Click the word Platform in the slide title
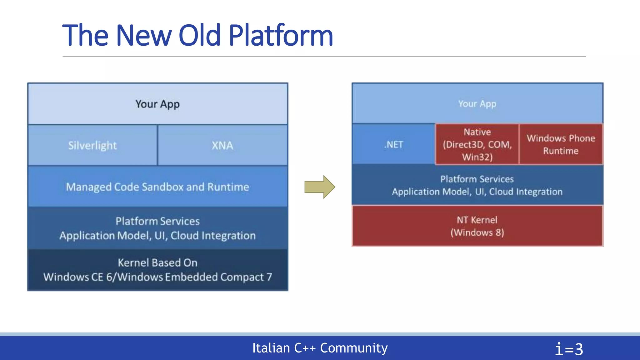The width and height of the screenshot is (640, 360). coord(281,36)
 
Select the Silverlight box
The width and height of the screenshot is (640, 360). coord(92,145)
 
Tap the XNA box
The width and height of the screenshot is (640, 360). coord(222,145)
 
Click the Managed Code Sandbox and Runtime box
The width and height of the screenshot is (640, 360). coord(157,187)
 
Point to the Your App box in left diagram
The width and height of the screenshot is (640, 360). coord(157,104)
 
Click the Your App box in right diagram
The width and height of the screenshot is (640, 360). coord(477,104)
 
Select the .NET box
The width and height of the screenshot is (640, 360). coord(394,145)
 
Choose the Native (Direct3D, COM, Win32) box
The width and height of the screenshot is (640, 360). coord(477,144)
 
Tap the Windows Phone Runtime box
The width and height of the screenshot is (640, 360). coord(561,144)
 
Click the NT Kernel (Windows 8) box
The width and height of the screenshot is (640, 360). coord(477,226)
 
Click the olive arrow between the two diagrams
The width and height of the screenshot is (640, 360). coord(320,187)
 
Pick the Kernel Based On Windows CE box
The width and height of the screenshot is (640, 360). coord(157,270)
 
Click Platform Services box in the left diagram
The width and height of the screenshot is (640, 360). coord(157,228)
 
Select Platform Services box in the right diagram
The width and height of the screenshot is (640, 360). coord(477,185)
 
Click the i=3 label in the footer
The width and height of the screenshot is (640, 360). coord(569,349)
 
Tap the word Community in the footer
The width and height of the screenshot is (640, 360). coord(354,348)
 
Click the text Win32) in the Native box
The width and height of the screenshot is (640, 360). coord(477,157)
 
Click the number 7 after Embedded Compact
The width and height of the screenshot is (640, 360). coord(269,277)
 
